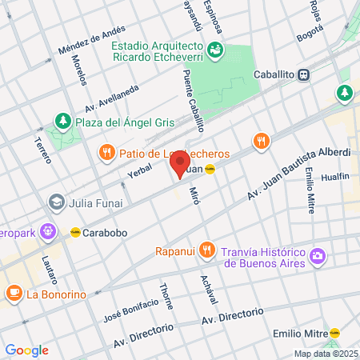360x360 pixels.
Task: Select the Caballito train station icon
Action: [304, 74]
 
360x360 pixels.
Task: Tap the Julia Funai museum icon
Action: [56, 201]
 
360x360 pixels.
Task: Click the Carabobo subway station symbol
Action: [75, 230]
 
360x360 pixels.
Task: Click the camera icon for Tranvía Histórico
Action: [318, 255]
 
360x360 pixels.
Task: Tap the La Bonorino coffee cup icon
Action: [14, 294]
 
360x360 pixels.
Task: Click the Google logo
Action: [26, 350]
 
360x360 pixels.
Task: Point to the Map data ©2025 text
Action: [324, 354]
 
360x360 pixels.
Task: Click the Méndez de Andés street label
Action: [92, 44]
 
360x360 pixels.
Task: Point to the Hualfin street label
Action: [334, 178]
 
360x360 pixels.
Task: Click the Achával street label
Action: [211, 286]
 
